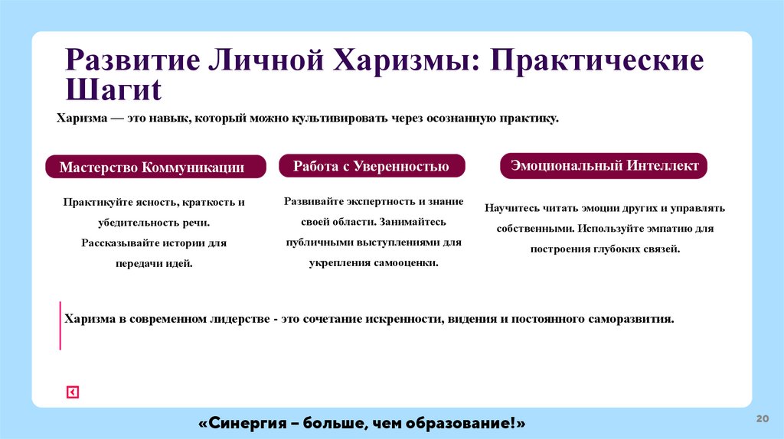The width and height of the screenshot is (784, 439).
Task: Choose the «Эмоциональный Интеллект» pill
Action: point(604,165)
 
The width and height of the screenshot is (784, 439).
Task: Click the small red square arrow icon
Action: point(72,392)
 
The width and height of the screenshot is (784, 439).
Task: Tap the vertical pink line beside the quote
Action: point(60,326)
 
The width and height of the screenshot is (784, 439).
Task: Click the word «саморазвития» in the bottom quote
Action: point(631,318)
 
